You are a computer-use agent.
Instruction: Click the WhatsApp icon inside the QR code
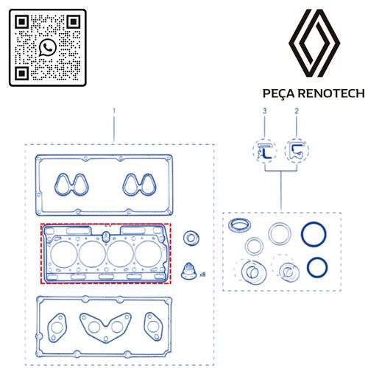48,47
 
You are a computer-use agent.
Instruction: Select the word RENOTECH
332,93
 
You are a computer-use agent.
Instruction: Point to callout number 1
114,111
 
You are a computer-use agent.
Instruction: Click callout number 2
297,111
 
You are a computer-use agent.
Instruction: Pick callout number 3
264,111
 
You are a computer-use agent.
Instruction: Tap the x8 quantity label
202,275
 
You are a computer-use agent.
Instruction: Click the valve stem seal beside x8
189,271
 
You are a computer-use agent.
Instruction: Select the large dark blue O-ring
302,234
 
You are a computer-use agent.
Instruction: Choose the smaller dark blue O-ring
308,267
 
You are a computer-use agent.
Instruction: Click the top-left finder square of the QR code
22,22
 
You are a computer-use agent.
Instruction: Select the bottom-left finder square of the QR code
22,73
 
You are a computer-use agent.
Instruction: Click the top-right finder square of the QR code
74,22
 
